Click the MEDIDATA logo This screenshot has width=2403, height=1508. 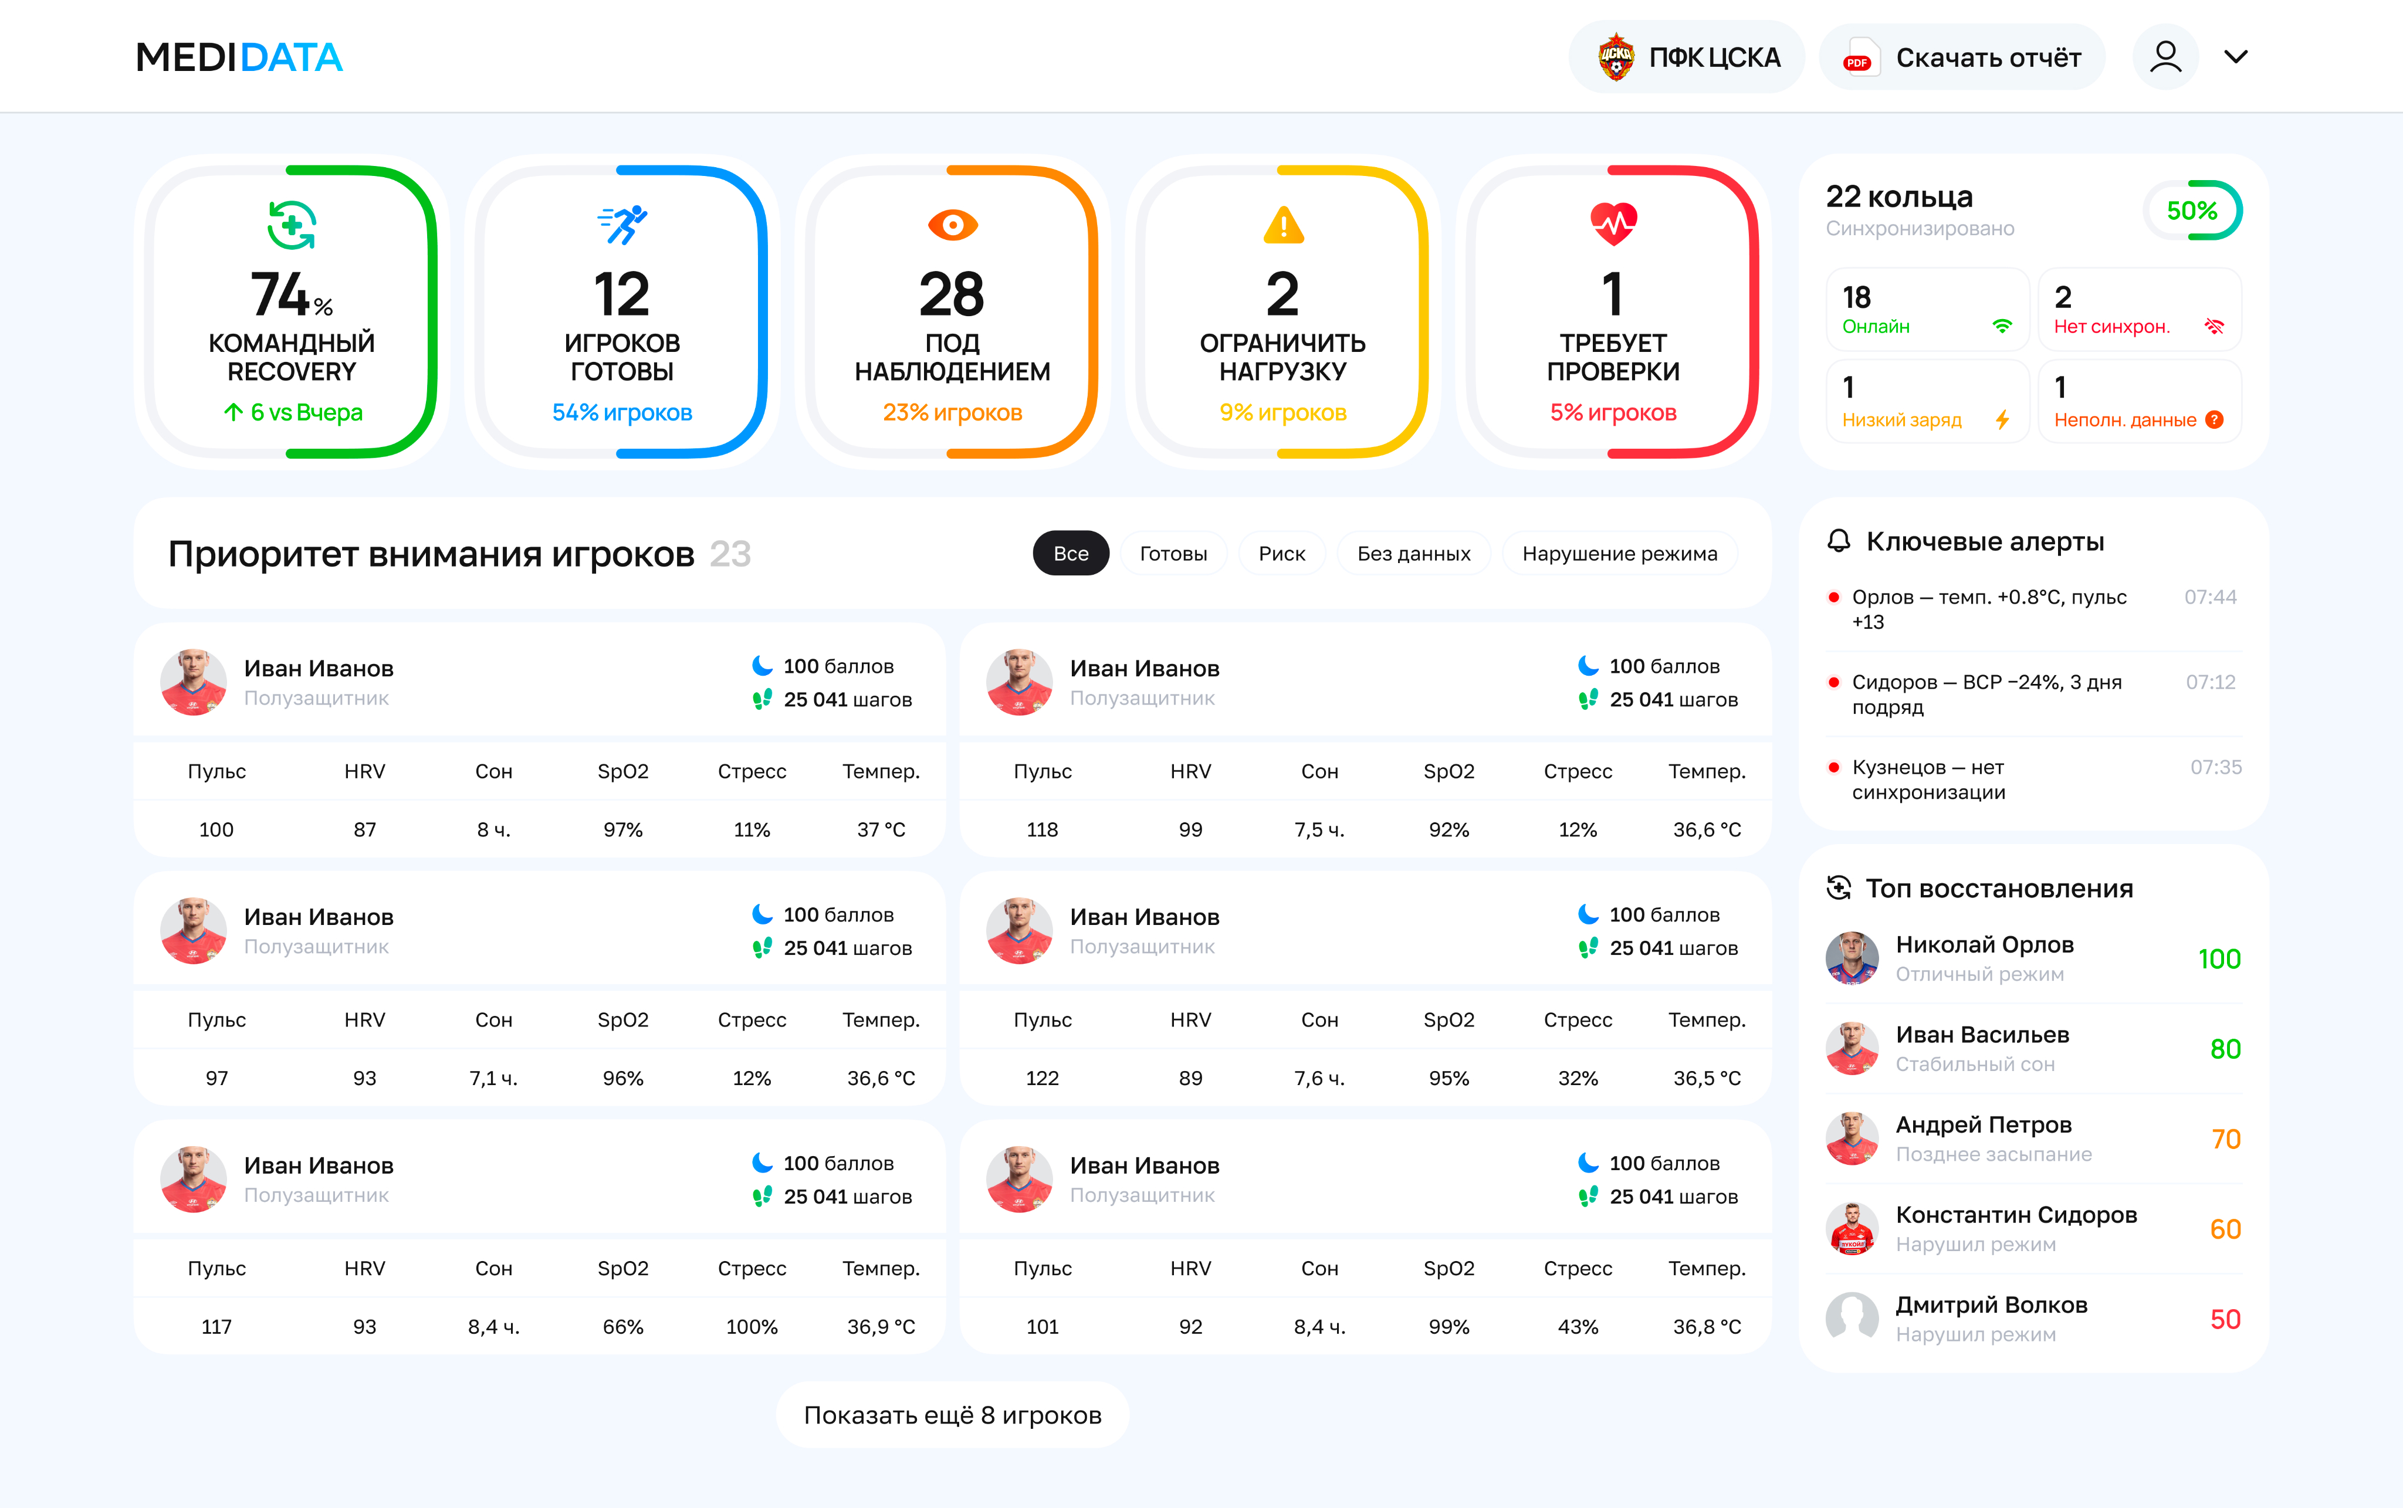239,57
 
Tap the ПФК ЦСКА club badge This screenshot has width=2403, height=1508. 1616,57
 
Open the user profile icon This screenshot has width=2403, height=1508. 2165,57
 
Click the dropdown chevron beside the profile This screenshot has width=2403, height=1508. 2236,57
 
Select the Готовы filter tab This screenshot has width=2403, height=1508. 1173,554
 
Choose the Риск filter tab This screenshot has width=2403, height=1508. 1282,554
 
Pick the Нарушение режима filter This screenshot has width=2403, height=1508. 1620,554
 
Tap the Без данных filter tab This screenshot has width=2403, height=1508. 1413,554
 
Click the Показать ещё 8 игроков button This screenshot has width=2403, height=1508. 953,1415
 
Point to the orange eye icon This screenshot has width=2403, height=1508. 953,225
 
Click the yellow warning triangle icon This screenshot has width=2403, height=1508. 1283,225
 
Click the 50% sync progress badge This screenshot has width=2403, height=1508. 2192,211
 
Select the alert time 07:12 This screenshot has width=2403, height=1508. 2211,682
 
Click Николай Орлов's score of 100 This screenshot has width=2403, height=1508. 2219,960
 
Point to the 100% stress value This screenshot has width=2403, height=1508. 752,1327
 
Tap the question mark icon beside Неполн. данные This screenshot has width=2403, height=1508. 2215,420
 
